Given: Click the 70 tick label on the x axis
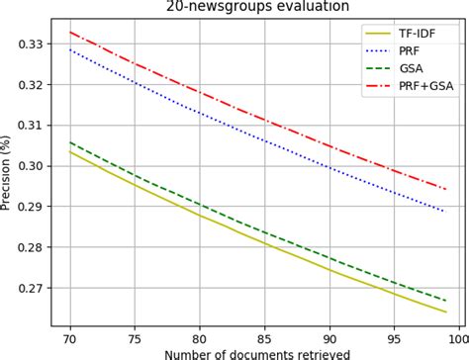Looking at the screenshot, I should (70, 335).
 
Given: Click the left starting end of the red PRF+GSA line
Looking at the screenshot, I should (70, 32).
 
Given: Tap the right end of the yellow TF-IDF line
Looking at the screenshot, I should (446, 312).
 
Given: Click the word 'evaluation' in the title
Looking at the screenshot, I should (302, 6).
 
